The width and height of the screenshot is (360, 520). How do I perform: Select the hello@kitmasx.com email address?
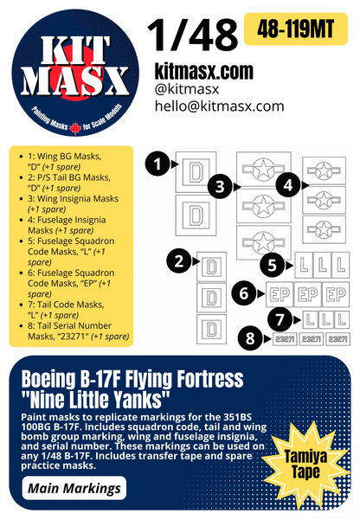(x=218, y=106)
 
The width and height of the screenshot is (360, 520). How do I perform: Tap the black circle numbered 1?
(x=157, y=161)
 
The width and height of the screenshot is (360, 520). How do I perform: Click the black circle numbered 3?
(x=222, y=185)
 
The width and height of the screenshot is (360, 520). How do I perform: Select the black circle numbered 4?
(x=287, y=183)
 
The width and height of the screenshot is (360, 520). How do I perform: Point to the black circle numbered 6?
(x=246, y=294)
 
